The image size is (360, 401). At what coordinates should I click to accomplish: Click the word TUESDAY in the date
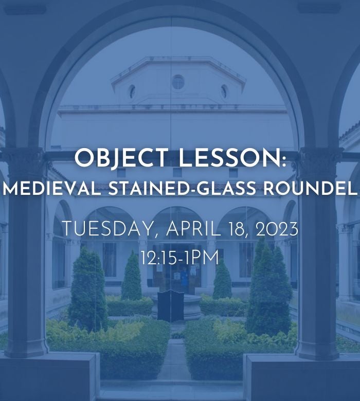coord(106,229)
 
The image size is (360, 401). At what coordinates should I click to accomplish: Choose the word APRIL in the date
coord(193,229)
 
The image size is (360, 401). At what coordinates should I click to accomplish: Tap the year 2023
coord(277,229)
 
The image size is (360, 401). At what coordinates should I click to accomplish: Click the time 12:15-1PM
coord(180,258)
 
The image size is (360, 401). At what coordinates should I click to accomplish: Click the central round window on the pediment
coord(178,82)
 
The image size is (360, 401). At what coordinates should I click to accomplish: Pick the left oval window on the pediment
coord(132,92)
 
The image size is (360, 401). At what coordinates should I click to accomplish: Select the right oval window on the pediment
coord(224,92)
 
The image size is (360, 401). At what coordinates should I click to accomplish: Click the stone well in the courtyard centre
coord(176,307)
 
